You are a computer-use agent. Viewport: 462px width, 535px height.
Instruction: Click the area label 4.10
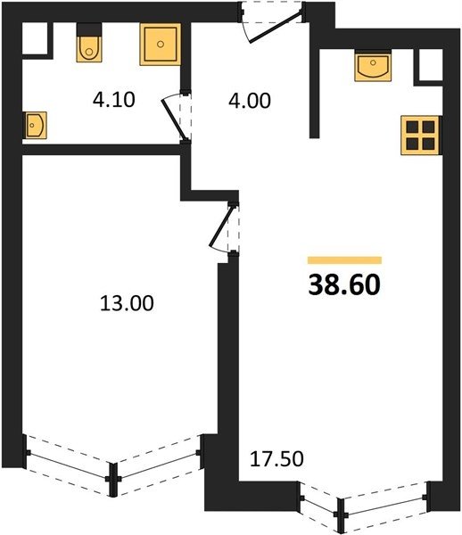point(114,100)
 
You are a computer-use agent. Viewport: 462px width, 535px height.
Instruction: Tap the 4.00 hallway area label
point(250,101)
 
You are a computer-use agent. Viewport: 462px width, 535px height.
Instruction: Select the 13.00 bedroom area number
point(127,303)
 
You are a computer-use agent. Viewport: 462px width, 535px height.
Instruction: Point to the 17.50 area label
point(276,459)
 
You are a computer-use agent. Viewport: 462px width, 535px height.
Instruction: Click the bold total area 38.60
point(344,285)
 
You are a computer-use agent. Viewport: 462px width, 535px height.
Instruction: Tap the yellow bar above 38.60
point(344,260)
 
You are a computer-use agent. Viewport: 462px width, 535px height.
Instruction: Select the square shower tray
point(160,44)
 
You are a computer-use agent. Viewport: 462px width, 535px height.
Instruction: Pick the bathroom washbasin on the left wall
point(35,125)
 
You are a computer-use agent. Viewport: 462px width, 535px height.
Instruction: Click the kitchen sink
point(373,66)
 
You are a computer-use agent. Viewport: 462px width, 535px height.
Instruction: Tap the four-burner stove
point(421,136)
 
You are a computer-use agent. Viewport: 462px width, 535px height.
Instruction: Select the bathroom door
point(175,118)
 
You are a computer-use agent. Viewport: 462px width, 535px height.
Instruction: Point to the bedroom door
point(222,226)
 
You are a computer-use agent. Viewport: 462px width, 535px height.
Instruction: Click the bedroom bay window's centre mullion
point(113,479)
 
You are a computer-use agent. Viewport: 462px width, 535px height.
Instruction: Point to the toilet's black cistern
point(89,29)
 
